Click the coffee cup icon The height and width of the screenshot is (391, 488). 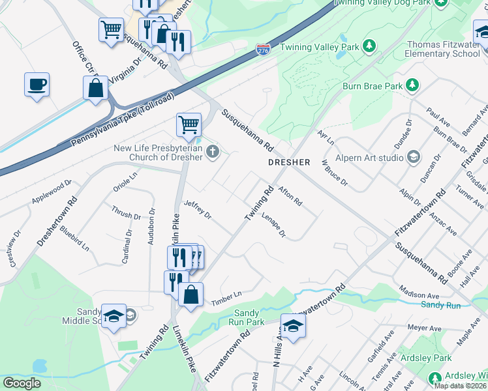[x=37, y=85]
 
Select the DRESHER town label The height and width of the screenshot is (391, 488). [x=289, y=162]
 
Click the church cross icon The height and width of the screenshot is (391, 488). [x=211, y=152]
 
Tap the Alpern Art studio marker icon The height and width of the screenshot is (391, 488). [x=413, y=156]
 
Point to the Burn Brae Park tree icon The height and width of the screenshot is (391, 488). [x=412, y=85]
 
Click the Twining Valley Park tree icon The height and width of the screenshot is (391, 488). [x=369, y=46]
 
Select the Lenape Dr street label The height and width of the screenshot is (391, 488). [x=274, y=224]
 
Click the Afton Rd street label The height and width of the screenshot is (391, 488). [x=290, y=196]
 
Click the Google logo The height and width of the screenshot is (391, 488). [x=22, y=383]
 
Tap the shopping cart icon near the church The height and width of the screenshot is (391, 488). [x=189, y=124]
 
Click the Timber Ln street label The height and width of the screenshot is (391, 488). [x=226, y=299]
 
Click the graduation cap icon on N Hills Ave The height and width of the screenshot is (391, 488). [x=293, y=325]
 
